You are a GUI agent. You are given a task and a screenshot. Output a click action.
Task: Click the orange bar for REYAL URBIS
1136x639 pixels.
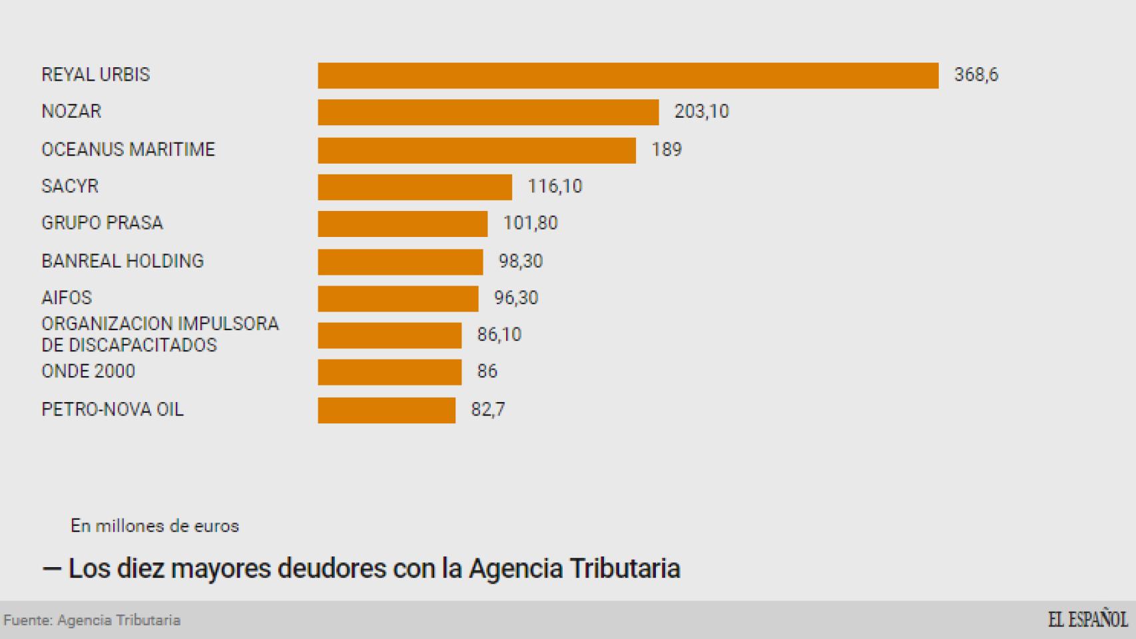[x=628, y=75]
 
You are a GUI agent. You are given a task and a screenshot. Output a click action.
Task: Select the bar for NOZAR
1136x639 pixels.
[x=488, y=112]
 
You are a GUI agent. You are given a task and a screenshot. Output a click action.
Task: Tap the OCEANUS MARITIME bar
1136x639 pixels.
[x=477, y=150]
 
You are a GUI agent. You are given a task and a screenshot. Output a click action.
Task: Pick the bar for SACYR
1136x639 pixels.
[x=415, y=186]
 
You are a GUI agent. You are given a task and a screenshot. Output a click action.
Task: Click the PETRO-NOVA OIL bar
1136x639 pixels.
[x=386, y=410]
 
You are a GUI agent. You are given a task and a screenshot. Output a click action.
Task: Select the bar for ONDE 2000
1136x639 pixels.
[x=390, y=372]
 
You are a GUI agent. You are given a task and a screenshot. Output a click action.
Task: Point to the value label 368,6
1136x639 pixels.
[x=976, y=75]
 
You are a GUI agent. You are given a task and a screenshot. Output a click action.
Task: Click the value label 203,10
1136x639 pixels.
[x=701, y=111]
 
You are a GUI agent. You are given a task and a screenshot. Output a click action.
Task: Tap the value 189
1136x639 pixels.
[x=666, y=149]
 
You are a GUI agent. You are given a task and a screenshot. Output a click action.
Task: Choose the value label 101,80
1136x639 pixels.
[x=530, y=223]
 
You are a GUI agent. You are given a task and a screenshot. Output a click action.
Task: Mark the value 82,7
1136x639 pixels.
[x=487, y=409]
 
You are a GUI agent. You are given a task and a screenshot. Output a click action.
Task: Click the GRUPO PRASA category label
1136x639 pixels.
[x=102, y=223]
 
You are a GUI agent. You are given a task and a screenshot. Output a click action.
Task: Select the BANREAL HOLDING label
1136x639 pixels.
[x=123, y=261]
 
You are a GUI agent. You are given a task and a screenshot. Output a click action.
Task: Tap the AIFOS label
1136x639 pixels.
[x=67, y=298]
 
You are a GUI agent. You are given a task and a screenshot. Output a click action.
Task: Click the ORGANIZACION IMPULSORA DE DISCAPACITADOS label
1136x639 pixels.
[x=160, y=334]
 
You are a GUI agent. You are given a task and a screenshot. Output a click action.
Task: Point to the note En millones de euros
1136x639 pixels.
[x=154, y=526]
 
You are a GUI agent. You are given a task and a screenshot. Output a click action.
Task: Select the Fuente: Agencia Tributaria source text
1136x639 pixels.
[x=92, y=620]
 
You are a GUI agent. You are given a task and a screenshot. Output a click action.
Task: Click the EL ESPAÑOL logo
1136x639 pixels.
[x=1087, y=619]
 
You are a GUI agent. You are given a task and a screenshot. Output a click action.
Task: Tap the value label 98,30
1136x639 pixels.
[x=521, y=261]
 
